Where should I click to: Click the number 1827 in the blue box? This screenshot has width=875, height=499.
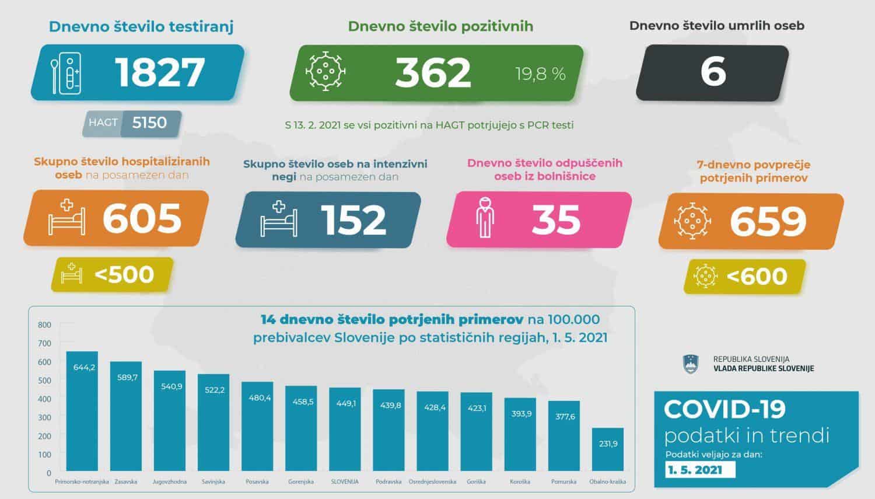[x=160, y=72]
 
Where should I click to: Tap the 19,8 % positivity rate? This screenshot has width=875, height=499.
[x=540, y=74]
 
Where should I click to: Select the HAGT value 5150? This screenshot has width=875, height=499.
[x=149, y=123]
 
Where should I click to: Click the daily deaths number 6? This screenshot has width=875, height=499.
[x=713, y=72]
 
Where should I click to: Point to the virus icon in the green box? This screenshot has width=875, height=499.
[x=325, y=71]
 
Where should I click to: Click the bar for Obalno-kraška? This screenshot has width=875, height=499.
[x=607, y=449]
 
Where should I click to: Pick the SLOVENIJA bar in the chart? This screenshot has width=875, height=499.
[x=345, y=429]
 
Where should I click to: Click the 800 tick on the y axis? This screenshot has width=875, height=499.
[x=44, y=324]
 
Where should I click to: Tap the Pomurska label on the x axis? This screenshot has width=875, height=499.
[x=563, y=482]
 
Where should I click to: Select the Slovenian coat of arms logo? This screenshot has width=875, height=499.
[x=690, y=364]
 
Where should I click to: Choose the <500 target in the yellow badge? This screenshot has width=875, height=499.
[x=124, y=274]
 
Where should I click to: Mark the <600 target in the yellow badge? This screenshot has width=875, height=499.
[x=756, y=275]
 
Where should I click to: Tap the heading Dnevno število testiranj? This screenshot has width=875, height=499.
[x=141, y=26]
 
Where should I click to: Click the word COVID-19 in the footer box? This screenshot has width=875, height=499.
[x=724, y=409]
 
